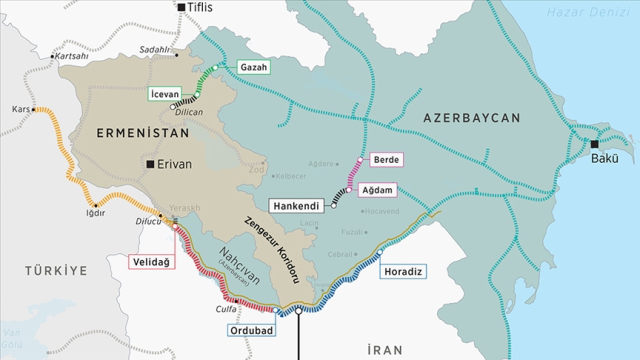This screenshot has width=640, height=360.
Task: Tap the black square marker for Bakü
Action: pos(594,144)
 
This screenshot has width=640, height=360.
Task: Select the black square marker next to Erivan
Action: pos(149,164)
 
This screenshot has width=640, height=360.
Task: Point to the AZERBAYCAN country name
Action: pos(472,118)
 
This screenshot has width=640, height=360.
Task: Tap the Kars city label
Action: pos(18,108)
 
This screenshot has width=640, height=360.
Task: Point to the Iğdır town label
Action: pos(96,212)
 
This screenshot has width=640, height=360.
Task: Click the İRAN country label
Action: pos(384,349)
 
